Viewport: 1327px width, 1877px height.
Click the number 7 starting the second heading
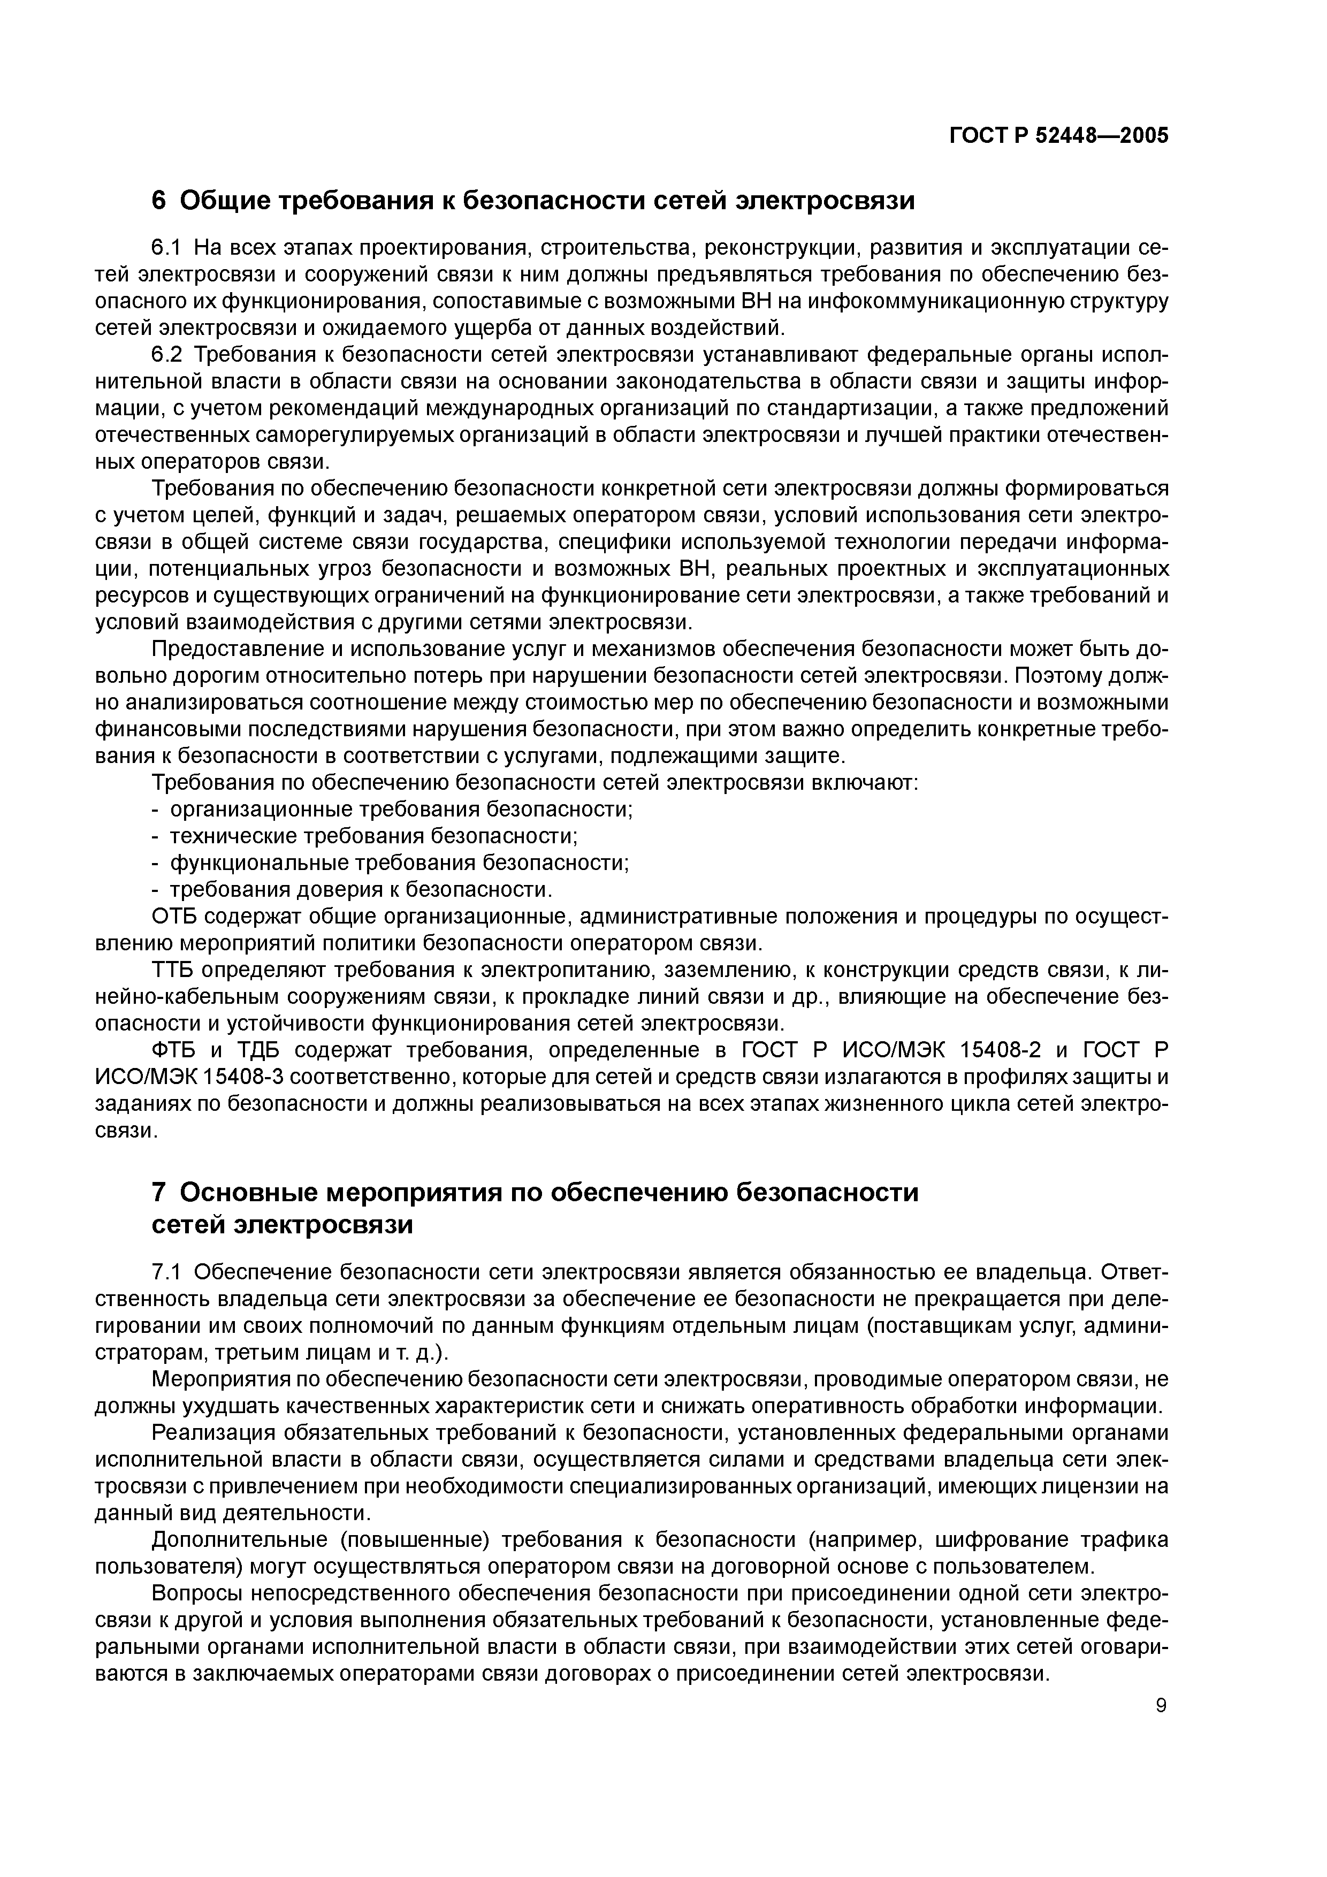coord(160,1193)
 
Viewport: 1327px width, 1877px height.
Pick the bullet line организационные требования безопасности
coord(401,810)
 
